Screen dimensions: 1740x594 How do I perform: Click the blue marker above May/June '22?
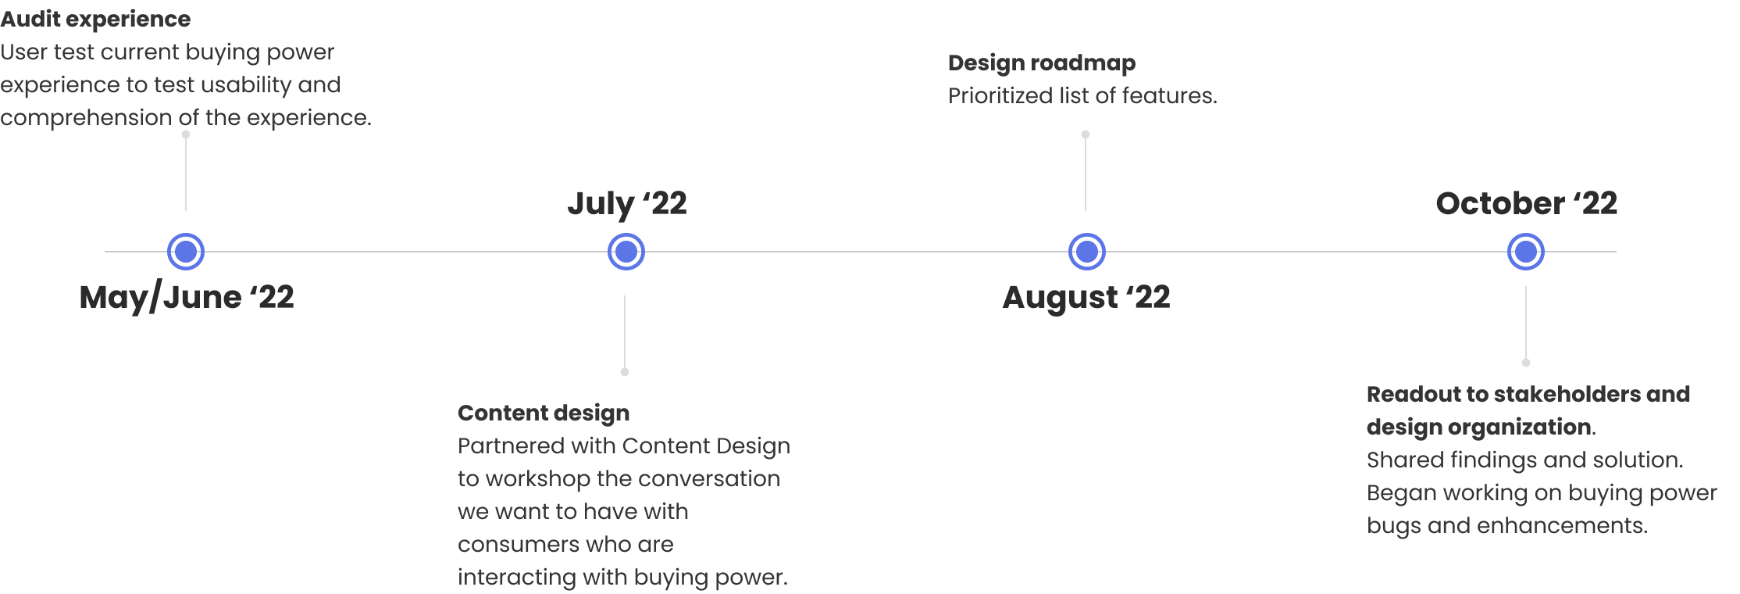tap(186, 252)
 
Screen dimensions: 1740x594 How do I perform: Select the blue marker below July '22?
tap(626, 252)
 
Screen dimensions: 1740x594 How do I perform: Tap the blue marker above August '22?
tap(1086, 252)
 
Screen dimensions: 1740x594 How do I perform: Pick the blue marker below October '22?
tap(1525, 252)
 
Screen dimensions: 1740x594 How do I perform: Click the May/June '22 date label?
tap(187, 298)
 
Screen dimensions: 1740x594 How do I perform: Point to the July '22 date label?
tap(627, 204)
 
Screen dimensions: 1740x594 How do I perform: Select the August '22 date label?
tap(1086, 298)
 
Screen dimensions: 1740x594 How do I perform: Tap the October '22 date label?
tap(1526, 204)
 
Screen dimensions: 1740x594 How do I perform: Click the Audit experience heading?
tap(95, 20)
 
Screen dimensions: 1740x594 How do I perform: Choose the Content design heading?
tap(544, 413)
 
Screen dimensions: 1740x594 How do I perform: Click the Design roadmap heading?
tap(1042, 63)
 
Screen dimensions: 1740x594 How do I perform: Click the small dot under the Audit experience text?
tap(186, 134)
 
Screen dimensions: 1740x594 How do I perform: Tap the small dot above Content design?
tap(625, 372)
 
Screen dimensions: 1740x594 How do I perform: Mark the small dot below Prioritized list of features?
tap(1086, 134)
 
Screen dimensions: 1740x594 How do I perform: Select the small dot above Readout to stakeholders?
tap(1526, 363)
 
